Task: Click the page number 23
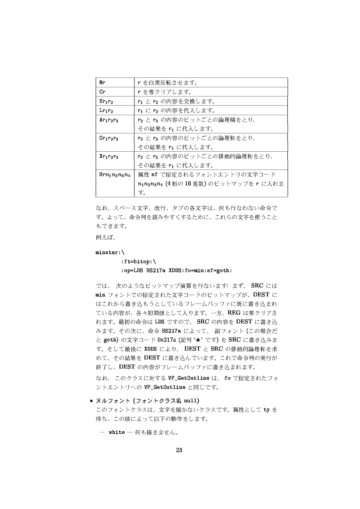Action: (x=178, y=450)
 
